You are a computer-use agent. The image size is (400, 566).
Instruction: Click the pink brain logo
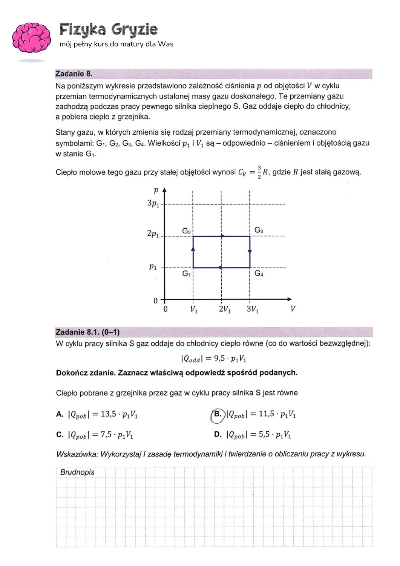click(31, 38)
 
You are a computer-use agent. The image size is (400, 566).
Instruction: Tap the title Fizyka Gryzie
click(109, 29)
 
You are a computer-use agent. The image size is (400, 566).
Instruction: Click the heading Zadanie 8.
click(74, 74)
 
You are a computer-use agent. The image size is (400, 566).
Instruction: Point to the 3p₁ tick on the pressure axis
click(153, 204)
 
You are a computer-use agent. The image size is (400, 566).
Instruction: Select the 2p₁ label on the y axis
click(153, 234)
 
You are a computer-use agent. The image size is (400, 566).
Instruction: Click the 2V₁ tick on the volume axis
click(225, 309)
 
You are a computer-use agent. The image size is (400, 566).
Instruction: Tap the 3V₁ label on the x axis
click(253, 309)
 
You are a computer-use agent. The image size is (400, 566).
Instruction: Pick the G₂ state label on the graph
click(187, 231)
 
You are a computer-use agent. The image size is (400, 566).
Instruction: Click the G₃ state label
click(259, 230)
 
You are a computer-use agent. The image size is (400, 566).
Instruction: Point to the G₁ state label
click(187, 274)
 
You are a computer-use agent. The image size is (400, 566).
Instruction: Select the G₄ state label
click(259, 273)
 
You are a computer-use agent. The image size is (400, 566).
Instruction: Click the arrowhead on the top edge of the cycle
click(223, 236)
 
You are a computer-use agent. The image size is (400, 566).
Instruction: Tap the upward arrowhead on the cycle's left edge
click(193, 248)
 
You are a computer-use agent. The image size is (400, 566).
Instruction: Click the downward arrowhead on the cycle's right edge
click(250, 251)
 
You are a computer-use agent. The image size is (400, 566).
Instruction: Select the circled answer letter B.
click(218, 414)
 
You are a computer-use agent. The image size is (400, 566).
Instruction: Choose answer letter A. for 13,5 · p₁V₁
click(60, 414)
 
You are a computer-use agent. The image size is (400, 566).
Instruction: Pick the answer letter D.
click(218, 434)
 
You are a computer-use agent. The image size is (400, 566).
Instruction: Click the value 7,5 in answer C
click(106, 434)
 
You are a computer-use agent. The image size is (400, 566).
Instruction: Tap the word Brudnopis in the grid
click(77, 472)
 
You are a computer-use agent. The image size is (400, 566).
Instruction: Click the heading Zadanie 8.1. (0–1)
click(87, 332)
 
